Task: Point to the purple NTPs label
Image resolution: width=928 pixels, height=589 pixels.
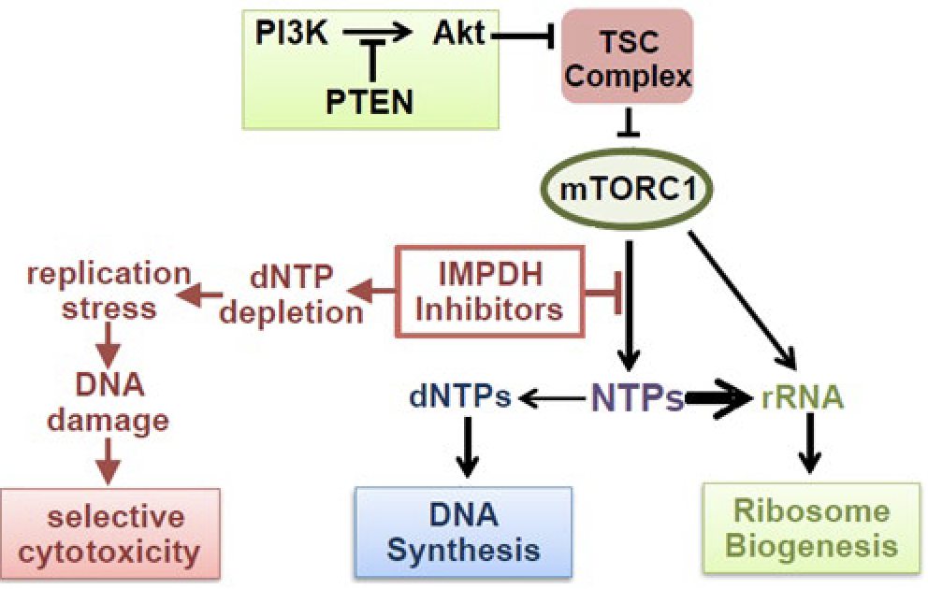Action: point(635,400)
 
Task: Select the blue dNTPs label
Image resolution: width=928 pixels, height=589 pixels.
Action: point(457,399)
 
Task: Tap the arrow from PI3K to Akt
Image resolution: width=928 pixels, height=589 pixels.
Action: point(380,34)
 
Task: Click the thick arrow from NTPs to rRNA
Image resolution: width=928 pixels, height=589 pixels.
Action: point(718,399)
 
